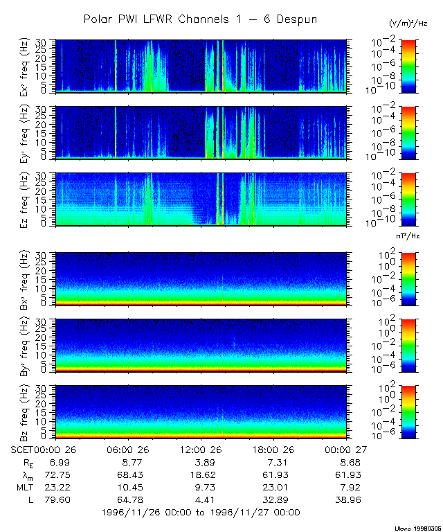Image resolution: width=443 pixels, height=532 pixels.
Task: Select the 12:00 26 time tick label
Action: pos(200,449)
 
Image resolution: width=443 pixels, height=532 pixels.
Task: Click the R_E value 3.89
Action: pos(200,461)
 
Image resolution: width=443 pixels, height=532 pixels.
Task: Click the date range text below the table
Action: pos(200,512)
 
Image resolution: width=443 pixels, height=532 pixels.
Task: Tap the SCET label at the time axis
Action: pos(24,449)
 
